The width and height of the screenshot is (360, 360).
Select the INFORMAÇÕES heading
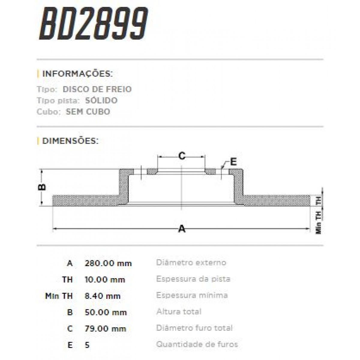click(77, 74)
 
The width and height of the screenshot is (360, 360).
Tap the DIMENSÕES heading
click(70, 141)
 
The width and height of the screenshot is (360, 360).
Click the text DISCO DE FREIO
click(97, 89)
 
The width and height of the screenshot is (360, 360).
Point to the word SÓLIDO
click(101, 100)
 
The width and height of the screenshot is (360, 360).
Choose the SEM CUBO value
click(88, 112)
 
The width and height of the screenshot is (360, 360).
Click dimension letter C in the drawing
click(182, 156)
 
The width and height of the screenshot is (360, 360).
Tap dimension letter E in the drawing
click(233, 162)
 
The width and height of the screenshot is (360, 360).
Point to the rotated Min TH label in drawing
click(318, 222)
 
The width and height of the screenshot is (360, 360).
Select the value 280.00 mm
click(108, 263)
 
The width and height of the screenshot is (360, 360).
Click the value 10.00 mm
click(105, 280)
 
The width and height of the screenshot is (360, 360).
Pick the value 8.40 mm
click(103, 296)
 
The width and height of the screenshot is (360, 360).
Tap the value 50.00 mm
click(106, 312)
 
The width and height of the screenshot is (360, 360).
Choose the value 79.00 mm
click(105, 328)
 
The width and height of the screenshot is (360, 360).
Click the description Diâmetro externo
click(191, 263)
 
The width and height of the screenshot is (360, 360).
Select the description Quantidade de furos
click(197, 344)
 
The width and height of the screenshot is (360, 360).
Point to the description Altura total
click(179, 312)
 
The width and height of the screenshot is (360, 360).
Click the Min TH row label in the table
click(59, 296)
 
